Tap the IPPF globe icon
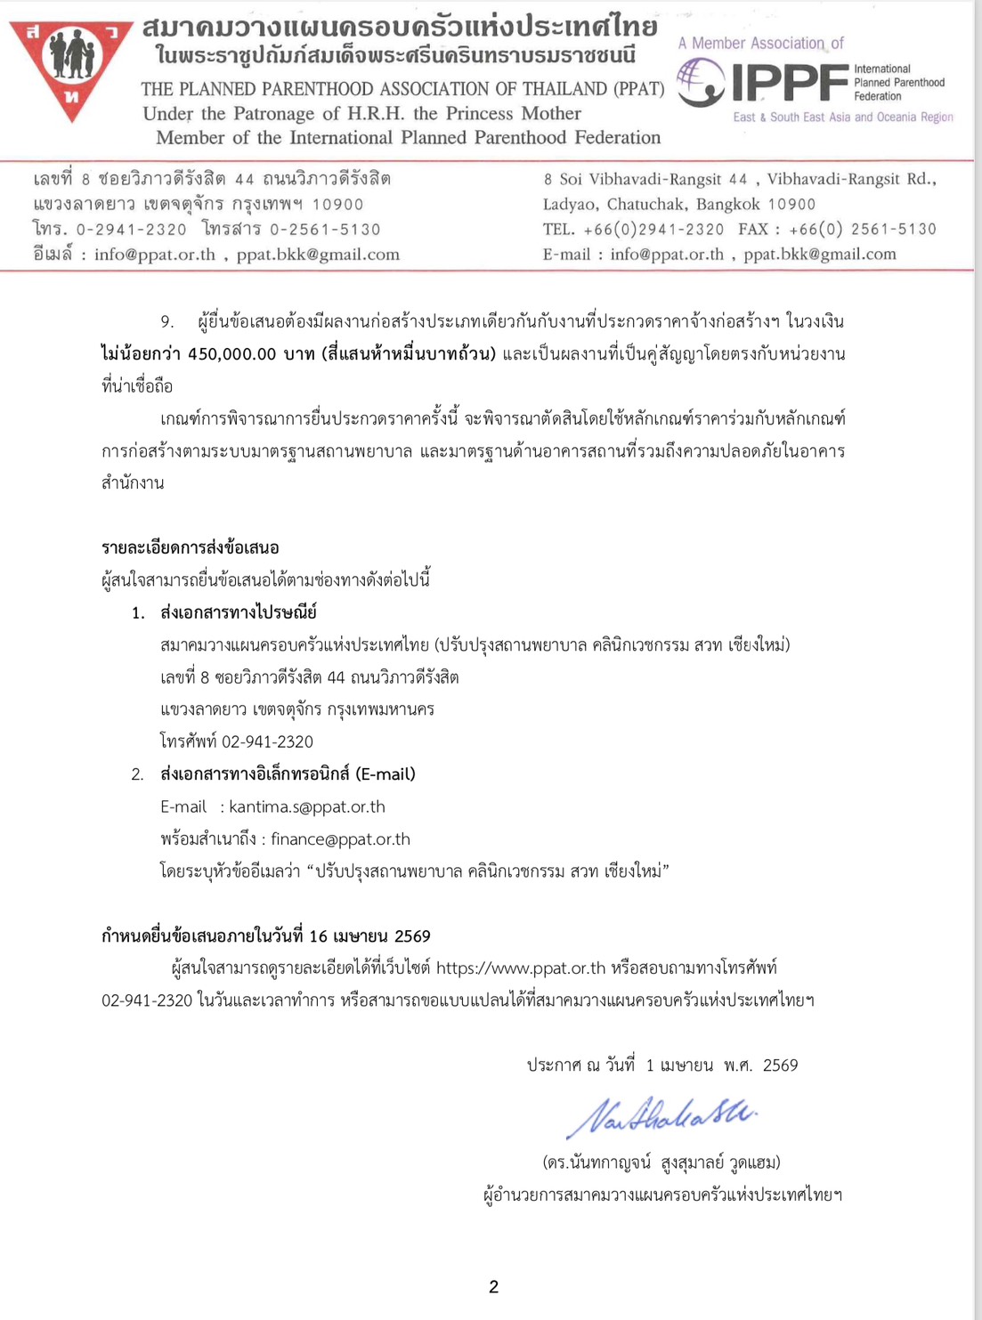tap(701, 83)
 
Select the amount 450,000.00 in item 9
tap(232, 354)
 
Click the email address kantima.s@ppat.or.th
tap(307, 807)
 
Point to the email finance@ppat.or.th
tap(340, 839)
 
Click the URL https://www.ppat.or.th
tap(521, 968)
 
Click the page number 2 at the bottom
tap(494, 1287)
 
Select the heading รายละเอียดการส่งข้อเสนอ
tap(191, 547)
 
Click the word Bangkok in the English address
tap(727, 205)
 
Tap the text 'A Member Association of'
tap(760, 44)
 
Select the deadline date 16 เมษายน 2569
tap(369, 936)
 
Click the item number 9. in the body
tap(167, 321)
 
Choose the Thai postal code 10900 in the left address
tap(337, 205)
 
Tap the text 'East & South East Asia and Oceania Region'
tap(842, 117)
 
